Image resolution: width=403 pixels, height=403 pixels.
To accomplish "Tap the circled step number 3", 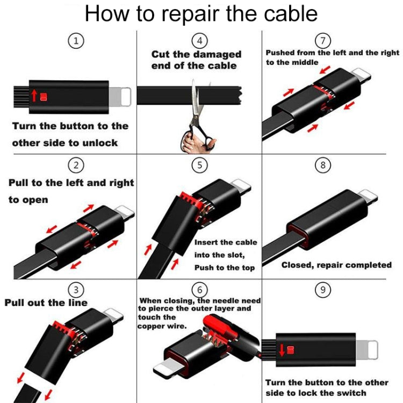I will pos(78,290).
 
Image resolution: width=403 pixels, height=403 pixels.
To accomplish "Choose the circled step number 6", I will pos(200,289).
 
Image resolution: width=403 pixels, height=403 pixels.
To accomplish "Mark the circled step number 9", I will pos(322,290).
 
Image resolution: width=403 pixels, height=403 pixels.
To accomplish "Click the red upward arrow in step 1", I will pos(34,96).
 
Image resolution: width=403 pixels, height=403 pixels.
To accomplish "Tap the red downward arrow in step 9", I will pos(283,350).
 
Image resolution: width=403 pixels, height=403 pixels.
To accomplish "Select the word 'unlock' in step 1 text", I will pos(100,143).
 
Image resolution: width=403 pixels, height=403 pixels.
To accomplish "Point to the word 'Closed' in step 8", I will pos(298,265).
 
